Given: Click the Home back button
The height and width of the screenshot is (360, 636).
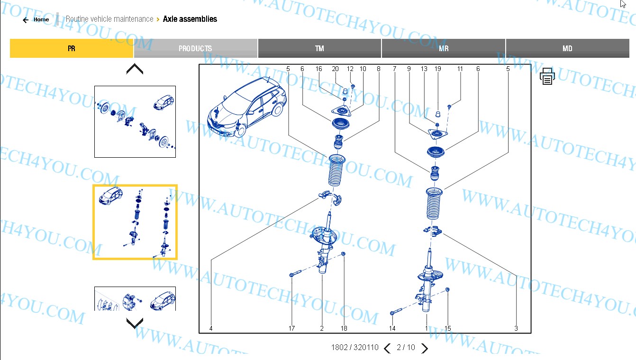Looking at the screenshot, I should click(x=36, y=20).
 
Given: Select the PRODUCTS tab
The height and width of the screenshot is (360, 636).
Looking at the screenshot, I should click(x=195, y=48).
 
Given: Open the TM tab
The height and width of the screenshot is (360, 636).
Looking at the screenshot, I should click(x=319, y=48).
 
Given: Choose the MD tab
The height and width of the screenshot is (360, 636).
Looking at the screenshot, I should click(x=567, y=48).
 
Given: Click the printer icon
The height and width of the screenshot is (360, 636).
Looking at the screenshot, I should click(x=547, y=76).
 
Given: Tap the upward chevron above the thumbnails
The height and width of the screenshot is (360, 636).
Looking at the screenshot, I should click(x=135, y=69).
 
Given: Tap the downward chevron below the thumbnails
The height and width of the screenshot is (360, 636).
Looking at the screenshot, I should click(x=135, y=324).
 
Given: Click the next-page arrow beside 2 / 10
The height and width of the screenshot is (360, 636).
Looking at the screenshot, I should click(x=425, y=348).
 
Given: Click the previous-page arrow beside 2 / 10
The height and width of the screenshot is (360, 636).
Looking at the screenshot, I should click(x=387, y=348).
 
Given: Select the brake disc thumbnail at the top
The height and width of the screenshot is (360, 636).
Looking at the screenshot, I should click(x=135, y=122).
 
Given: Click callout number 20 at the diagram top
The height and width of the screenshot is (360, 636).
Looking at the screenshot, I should click(x=335, y=69).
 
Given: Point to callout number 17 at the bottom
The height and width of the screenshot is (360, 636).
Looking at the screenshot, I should click(x=291, y=328).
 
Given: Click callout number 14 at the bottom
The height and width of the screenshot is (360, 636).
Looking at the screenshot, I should click(x=392, y=328).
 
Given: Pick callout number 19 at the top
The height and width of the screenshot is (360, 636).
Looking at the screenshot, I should click(x=438, y=69).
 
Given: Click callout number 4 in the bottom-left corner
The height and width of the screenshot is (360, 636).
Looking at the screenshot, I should click(x=211, y=328).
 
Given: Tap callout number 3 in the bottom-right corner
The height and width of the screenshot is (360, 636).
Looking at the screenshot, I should click(x=516, y=328).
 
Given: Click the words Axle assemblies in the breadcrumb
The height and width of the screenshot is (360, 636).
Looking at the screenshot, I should click(x=190, y=19).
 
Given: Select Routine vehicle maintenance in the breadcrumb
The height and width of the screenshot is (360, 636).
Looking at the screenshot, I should click(x=109, y=19).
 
